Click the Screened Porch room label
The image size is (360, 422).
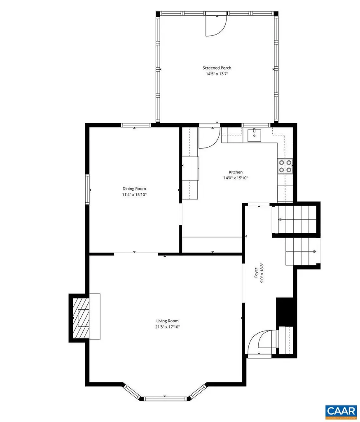(x=217, y=68)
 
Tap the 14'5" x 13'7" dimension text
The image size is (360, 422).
(x=217, y=74)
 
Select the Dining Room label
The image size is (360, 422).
(x=134, y=189)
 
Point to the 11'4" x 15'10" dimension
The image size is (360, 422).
(x=134, y=195)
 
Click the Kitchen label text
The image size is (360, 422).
(x=236, y=172)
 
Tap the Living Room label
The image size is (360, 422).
(x=167, y=321)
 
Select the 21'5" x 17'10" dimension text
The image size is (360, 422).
(x=167, y=327)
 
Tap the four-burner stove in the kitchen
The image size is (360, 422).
(x=285, y=166)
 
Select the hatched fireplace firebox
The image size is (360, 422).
(x=81, y=318)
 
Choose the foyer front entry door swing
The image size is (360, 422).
(x=261, y=341)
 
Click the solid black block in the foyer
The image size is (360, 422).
(x=286, y=311)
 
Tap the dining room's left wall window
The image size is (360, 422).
(x=87, y=189)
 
